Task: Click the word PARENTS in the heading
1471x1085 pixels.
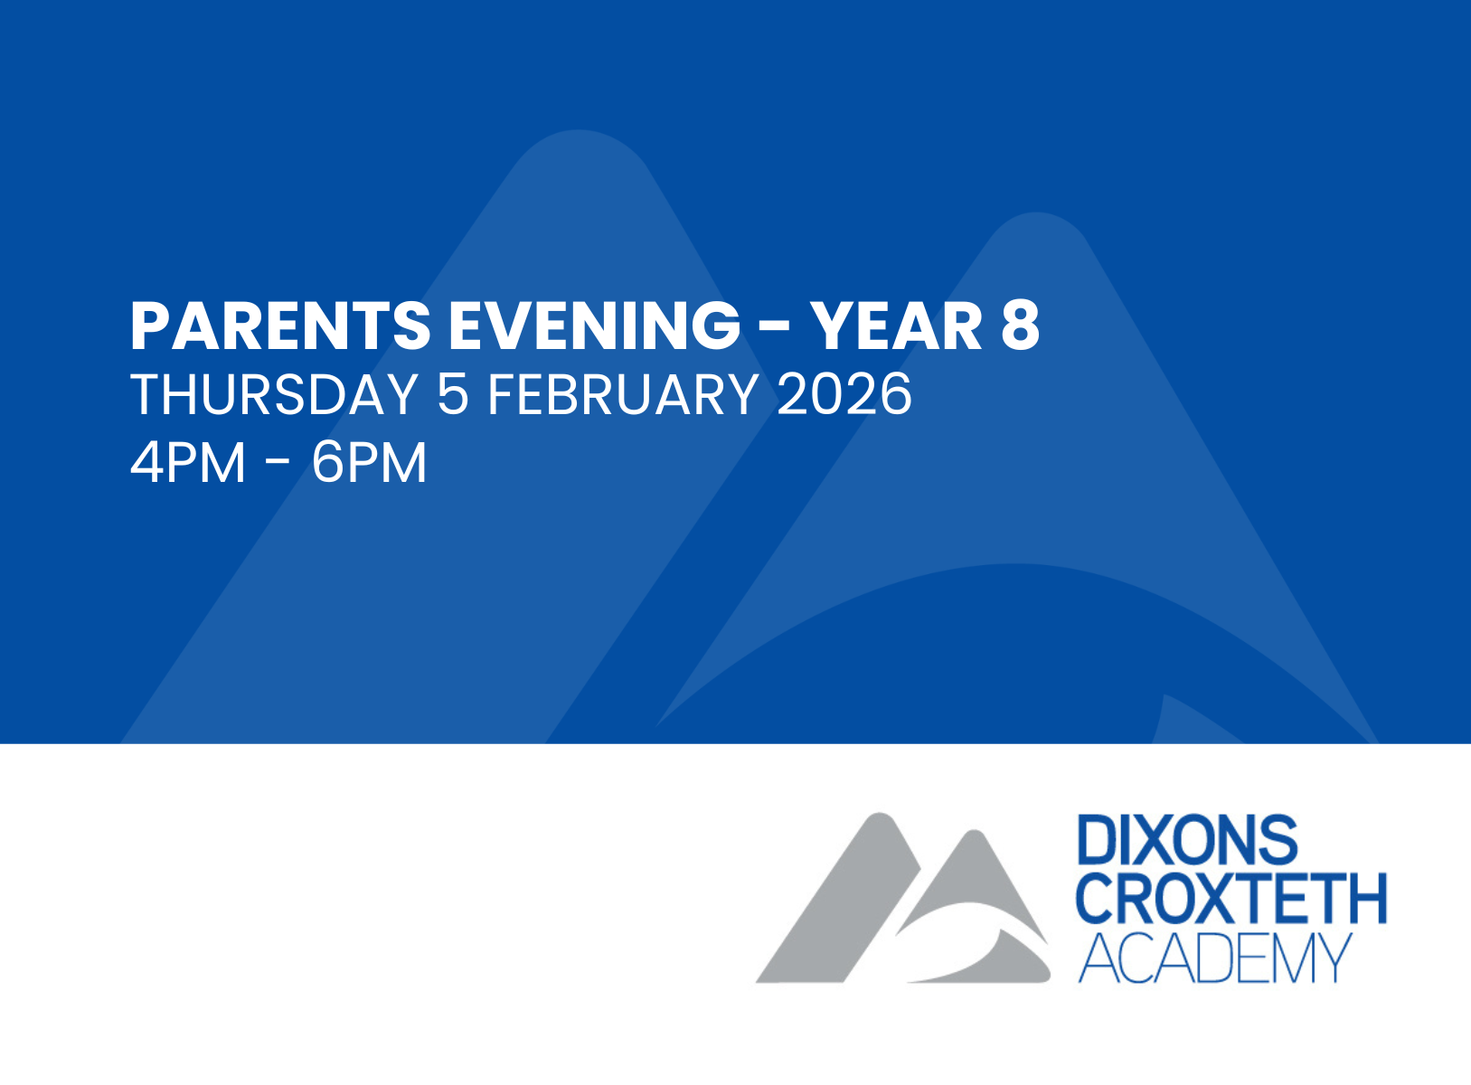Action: tap(280, 326)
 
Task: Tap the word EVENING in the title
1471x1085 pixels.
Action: tap(595, 326)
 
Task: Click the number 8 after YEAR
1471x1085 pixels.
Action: tap(1021, 326)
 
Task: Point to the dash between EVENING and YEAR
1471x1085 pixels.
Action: tap(775, 328)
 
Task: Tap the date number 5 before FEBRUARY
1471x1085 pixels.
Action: tap(452, 394)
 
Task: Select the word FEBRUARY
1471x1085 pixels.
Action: tap(623, 394)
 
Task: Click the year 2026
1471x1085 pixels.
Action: tap(844, 394)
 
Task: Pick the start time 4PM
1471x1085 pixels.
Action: tap(188, 463)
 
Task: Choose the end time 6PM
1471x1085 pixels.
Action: tap(369, 463)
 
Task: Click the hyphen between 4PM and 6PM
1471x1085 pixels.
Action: tap(278, 465)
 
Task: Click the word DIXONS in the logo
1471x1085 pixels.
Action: tap(1188, 840)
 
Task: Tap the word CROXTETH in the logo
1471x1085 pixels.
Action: tap(1231, 899)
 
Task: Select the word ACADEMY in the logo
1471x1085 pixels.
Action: tap(1215, 958)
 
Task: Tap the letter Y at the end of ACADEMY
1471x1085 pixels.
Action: tap(1333, 958)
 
